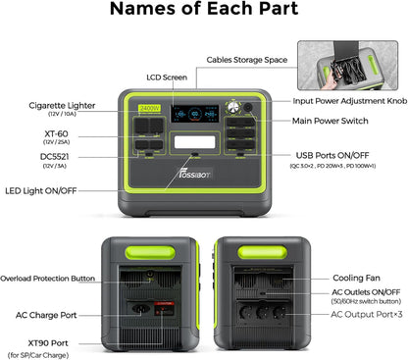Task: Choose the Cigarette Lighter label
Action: (x=63, y=103)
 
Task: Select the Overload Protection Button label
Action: (x=49, y=278)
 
